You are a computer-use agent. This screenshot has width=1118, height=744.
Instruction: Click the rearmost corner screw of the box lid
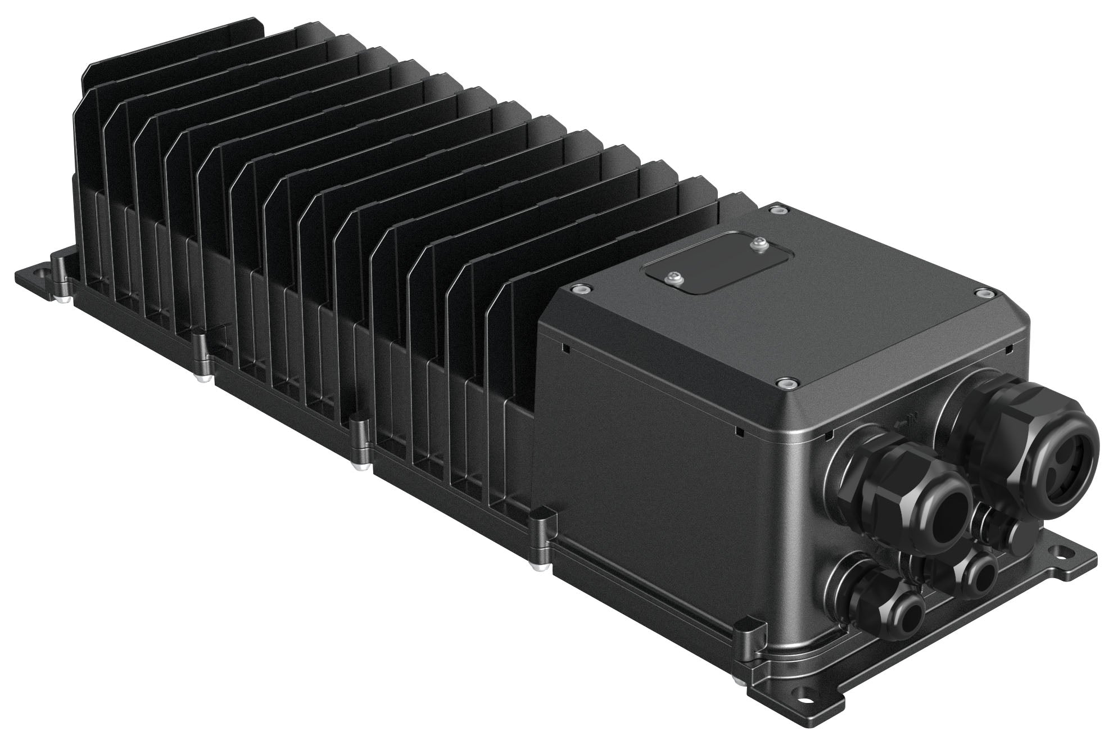pyautogui.click(x=776, y=209)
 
